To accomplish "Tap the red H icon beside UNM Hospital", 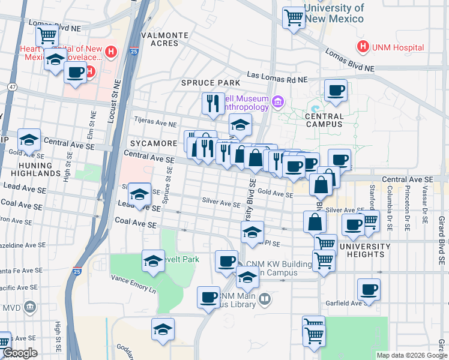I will (x=363, y=47).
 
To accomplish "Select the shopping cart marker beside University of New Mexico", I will (x=293, y=18).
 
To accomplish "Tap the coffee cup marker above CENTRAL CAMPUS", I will (x=336, y=91).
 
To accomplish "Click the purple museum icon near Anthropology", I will (x=277, y=101).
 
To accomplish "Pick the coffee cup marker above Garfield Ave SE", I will (x=369, y=290).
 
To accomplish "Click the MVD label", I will (x=11, y=308).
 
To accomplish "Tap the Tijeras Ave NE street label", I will (x=154, y=122).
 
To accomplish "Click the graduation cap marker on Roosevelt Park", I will (x=153, y=261).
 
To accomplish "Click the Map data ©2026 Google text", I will (x=411, y=355).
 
